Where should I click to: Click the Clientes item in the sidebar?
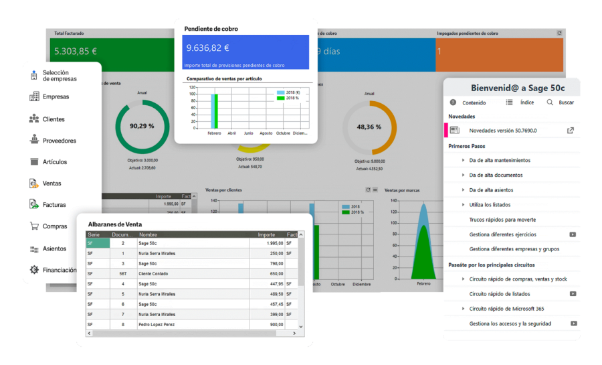[54, 119]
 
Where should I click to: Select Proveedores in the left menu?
[59, 141]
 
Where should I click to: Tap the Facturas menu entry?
[54, 205]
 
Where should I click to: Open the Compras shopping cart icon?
[33, 226]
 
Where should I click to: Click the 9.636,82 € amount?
[208, 48]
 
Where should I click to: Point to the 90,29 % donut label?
[142, 126]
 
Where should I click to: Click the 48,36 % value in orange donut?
[369, 127]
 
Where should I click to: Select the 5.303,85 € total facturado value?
[76, 51]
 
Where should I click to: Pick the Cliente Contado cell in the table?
[155, 273]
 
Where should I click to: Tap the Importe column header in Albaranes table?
[266, 234]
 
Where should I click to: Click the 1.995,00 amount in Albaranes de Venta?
[270, 244]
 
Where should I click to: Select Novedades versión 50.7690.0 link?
[502, 131]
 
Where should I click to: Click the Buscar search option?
[566, 102]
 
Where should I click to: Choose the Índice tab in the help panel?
[527, 102]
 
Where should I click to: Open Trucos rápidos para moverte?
[502, 220]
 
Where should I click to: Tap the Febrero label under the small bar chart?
[214, 133]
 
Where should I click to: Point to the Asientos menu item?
[55, 248]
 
